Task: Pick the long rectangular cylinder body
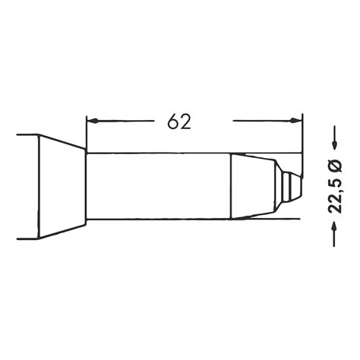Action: tap(159, 185)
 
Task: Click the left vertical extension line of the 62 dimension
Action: tap(87, 133)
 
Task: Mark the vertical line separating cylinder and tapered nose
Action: tap(232, 185)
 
